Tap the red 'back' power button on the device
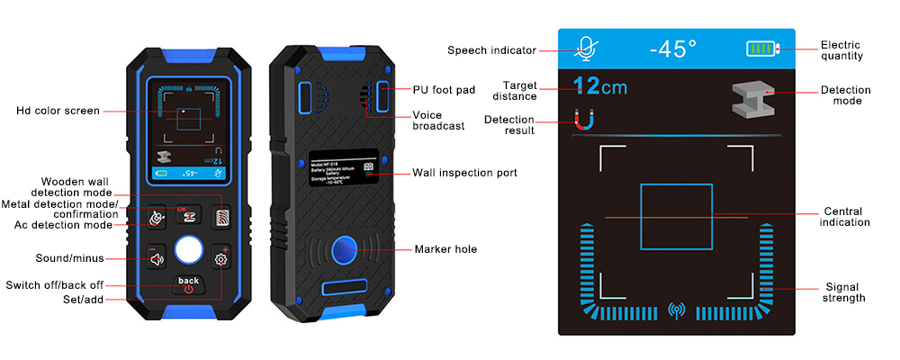[x=188, y=284]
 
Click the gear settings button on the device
[x=220, y=259]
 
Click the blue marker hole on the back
[x=342, y=249]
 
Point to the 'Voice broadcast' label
[x=438, y=121]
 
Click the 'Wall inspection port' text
[x=464, y=173]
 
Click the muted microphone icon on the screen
[x=588, y=48]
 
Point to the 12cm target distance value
[x=600, y=87]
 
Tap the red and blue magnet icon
[x=583, y=119]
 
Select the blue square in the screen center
[x=676, y=217]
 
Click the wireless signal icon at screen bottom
[x=676, y=311]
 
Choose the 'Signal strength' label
[x=844, y=292]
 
